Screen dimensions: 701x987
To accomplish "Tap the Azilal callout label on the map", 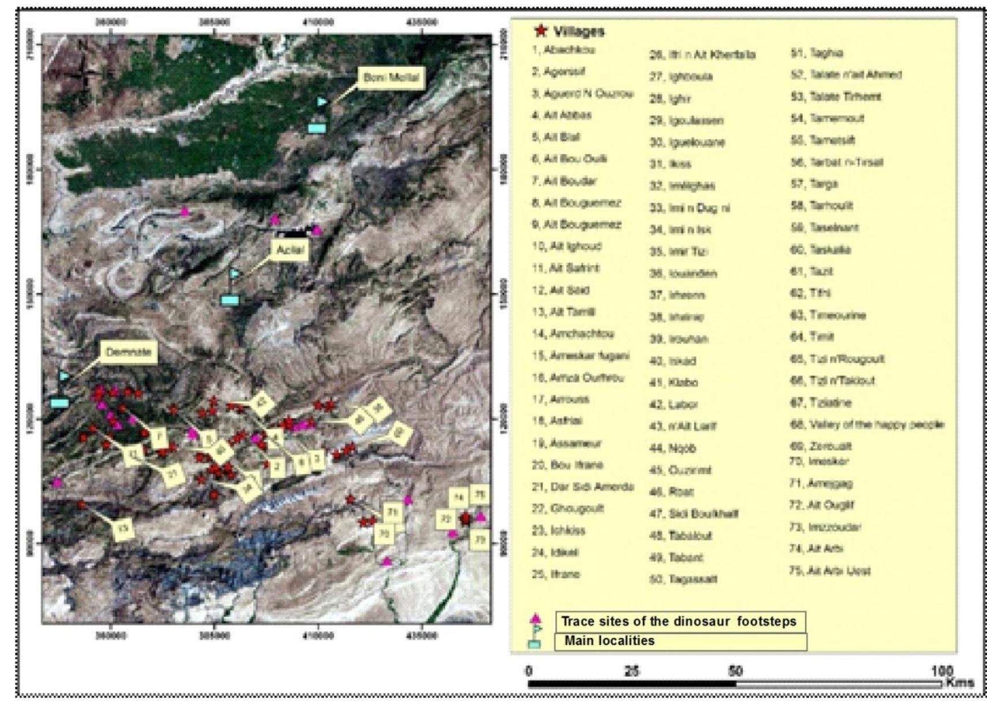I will [290, 250].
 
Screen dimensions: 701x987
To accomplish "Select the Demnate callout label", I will [129, 352].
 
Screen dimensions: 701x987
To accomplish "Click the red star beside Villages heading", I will [541, 31].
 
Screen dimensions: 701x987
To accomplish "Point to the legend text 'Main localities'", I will [610, 641].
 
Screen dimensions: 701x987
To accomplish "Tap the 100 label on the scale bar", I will [941, 671].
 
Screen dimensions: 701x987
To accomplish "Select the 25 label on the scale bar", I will [632, 671].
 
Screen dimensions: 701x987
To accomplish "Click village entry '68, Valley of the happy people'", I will [867, 424].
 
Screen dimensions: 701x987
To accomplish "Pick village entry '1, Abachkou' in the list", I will [563, 50].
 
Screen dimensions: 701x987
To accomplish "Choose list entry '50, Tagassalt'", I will [683, 579].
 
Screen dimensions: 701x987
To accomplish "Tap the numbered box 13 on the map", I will [123, 528].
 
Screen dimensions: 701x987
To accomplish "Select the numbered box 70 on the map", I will [384, 534].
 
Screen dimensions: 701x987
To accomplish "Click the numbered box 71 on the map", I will [393, 512].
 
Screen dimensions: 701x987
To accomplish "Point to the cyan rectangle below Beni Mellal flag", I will [317, 128].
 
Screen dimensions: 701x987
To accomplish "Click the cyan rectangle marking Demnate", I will [59, 403].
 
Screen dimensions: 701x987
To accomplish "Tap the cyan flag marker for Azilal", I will [235, 274].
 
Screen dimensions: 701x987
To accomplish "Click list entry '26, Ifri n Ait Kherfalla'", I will [702, 55].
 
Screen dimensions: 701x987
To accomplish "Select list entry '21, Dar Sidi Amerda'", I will [582, 487].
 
